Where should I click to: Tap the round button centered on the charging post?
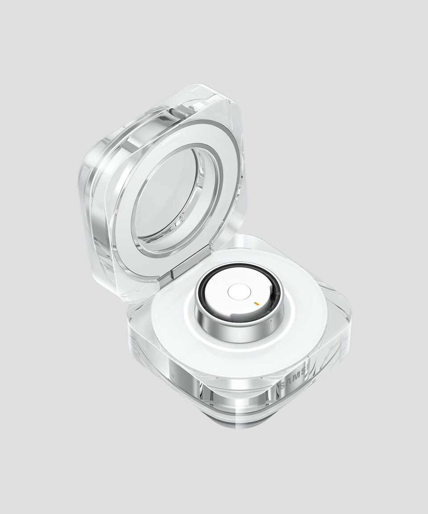[x=236, y=292]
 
